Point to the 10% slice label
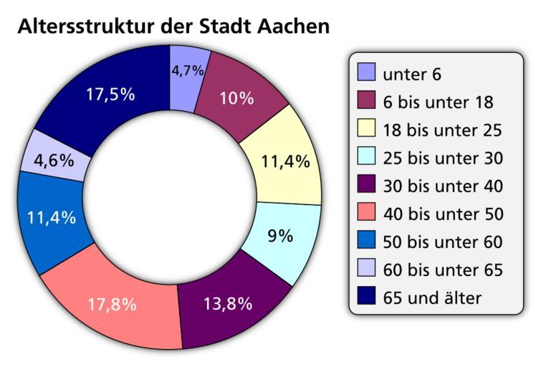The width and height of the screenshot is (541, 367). coord(236,98)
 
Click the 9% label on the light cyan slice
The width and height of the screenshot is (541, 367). coord(279,236)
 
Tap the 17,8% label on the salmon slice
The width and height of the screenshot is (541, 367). coord(112,304)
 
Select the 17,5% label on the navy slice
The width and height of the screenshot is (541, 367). coord(111,95)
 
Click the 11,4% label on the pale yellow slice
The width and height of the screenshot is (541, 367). coord(284,161)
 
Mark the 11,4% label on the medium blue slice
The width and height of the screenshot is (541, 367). coord(51,218)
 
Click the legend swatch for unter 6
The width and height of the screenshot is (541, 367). coord(365,72)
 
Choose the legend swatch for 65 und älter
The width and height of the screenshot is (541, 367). coord(365,296)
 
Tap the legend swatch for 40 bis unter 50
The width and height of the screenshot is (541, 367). coord(365,212)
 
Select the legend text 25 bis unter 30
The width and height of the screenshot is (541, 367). coord(443,158)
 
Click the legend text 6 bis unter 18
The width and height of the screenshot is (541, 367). coord(438,102)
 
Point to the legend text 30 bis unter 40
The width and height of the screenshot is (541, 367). coord(443,186)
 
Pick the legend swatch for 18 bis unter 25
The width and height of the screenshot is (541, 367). coord(365,128)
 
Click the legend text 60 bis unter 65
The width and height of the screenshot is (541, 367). coord(443,270)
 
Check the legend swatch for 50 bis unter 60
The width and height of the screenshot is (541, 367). coord(365,240)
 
